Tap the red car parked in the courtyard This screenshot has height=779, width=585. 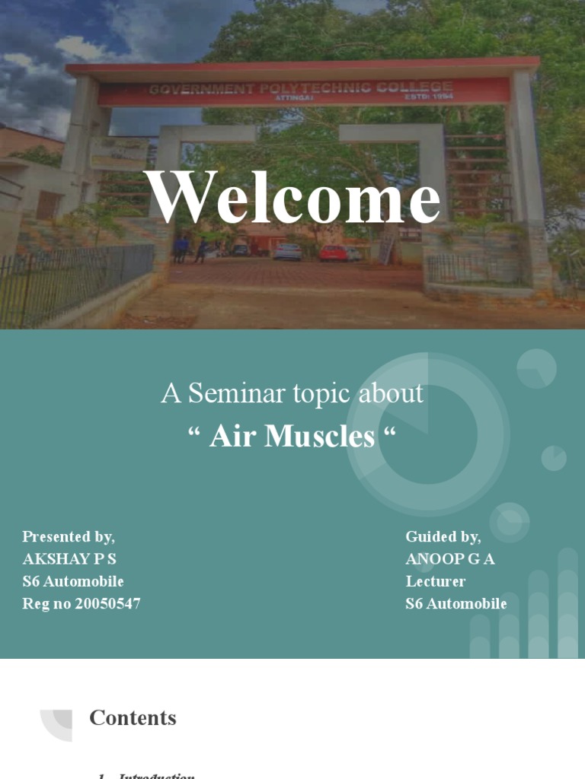[x=334, y=253]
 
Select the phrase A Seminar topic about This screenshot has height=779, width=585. [x=292, y=393]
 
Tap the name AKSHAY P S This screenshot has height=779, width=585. [x=69, y=559]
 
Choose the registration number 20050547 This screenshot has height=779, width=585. [x=107, y=604]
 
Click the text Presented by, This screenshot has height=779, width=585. [x=69, y=537]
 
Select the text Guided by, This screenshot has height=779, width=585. [x=443, y=537]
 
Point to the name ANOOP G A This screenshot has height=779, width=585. [x=450, y=559]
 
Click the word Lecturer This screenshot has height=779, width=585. [x=436, y=581]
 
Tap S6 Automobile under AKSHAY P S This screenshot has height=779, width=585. [x=73, y=581]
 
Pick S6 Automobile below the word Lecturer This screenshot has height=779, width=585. [x=456, y=604]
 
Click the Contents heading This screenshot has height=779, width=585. [x=133, y=717]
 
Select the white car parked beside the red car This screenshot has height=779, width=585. [x=288, y=252]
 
